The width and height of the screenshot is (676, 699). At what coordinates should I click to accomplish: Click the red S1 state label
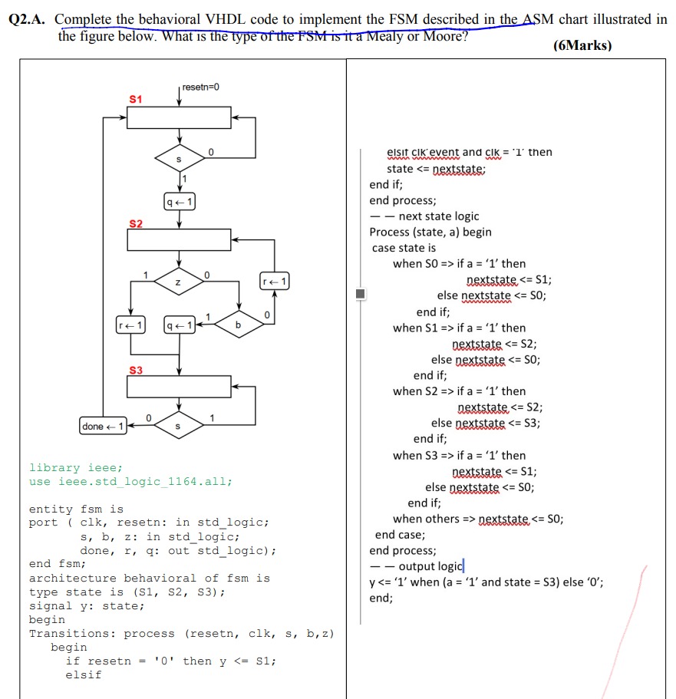(x=135, y=100)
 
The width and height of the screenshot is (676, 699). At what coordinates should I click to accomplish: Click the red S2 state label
(x=135, y=223)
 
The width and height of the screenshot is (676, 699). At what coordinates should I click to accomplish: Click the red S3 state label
(x=135, y=370)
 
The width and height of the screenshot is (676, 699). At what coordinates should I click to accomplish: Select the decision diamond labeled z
(x=179, y=283)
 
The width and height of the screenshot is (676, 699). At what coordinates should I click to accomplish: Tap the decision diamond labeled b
(x=238, y=325)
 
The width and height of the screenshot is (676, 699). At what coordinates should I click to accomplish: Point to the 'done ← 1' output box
(x=103, y=426)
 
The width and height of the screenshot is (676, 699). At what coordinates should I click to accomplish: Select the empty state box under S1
(x=179, y=118)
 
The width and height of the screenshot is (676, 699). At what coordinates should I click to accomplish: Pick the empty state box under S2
(x=179, y=240)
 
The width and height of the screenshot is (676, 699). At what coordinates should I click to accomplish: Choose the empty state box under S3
(x=179, y=386)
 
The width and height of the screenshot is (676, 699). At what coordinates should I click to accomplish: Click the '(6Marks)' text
(x=582, y=45)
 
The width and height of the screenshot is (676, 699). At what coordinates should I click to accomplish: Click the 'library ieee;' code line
(x=75, y=467)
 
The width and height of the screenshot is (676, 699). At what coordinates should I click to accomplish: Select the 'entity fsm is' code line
(x=76, y=509)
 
